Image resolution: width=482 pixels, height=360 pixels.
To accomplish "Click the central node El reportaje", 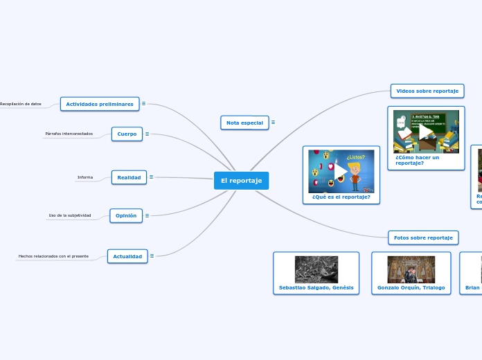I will pos(241,181).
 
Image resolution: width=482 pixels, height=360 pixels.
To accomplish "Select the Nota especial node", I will pos(244,123).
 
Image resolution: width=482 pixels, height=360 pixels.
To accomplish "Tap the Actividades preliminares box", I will pos(100,104).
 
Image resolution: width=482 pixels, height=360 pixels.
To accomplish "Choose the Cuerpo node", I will pos(127,134).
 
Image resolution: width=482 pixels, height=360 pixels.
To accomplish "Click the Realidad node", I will pos(129,177).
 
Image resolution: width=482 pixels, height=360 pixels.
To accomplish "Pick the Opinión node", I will pos(126,215).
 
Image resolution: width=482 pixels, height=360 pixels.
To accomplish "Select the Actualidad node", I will pos(127,256).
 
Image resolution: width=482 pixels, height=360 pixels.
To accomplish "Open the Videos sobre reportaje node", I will pos(427,91).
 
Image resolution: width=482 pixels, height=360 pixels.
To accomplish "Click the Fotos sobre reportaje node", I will pos(423,237).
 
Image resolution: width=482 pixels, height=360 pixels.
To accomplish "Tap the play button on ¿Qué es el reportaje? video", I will pos(341,171).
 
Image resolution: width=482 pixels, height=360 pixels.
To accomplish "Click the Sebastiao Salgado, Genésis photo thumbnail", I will pos(316,269).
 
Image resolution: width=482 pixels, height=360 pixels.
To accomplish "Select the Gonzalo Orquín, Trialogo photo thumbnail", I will pos(411,269).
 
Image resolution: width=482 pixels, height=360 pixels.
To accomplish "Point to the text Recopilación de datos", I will pos(21,104).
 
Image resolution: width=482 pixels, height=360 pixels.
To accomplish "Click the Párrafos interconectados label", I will pos(69,134).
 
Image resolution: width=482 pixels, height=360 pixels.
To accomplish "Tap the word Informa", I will pos(85,177).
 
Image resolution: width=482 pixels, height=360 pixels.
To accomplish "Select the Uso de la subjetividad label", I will pos(69,215).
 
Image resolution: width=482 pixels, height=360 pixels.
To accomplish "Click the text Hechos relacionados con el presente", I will pos(53,256).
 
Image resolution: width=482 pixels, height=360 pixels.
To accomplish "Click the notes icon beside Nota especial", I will pos(273,123).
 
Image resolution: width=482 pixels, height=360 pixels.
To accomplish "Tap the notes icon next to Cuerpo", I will pos(147,134).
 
